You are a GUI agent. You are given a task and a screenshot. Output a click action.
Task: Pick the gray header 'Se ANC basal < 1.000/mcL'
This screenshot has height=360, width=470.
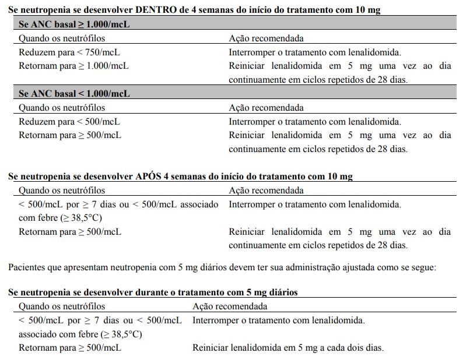click(74, 94)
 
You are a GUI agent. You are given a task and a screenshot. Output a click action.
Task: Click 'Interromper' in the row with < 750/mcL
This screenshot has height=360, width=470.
click(252, 52)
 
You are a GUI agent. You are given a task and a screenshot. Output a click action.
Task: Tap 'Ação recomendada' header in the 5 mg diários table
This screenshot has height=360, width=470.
click(230, 306)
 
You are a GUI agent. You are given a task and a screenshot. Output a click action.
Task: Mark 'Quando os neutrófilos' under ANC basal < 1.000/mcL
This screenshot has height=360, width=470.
click(62, 108)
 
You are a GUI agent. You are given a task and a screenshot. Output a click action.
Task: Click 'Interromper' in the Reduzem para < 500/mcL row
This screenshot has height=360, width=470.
click(252, 122)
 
